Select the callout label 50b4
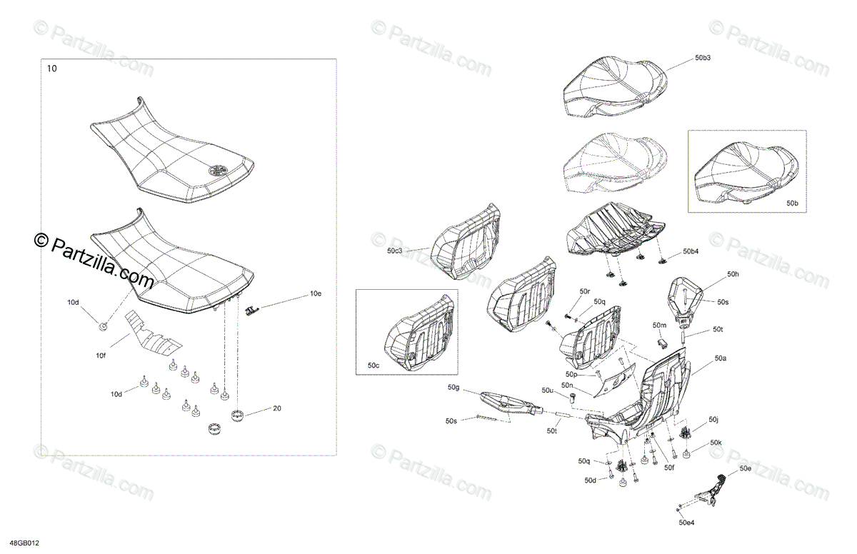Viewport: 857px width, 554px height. point(691,251)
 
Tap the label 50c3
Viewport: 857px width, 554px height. point(395,251)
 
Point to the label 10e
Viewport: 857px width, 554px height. point(316,293)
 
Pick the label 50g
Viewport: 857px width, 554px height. point(453,388)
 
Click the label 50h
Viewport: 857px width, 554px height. point(733,275)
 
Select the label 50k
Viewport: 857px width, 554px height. point(716,443)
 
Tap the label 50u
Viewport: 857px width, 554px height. point(548,391)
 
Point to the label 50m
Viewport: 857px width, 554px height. point(659,326)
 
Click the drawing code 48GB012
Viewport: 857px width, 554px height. point(24,543)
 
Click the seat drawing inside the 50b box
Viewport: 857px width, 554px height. point(743,171)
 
